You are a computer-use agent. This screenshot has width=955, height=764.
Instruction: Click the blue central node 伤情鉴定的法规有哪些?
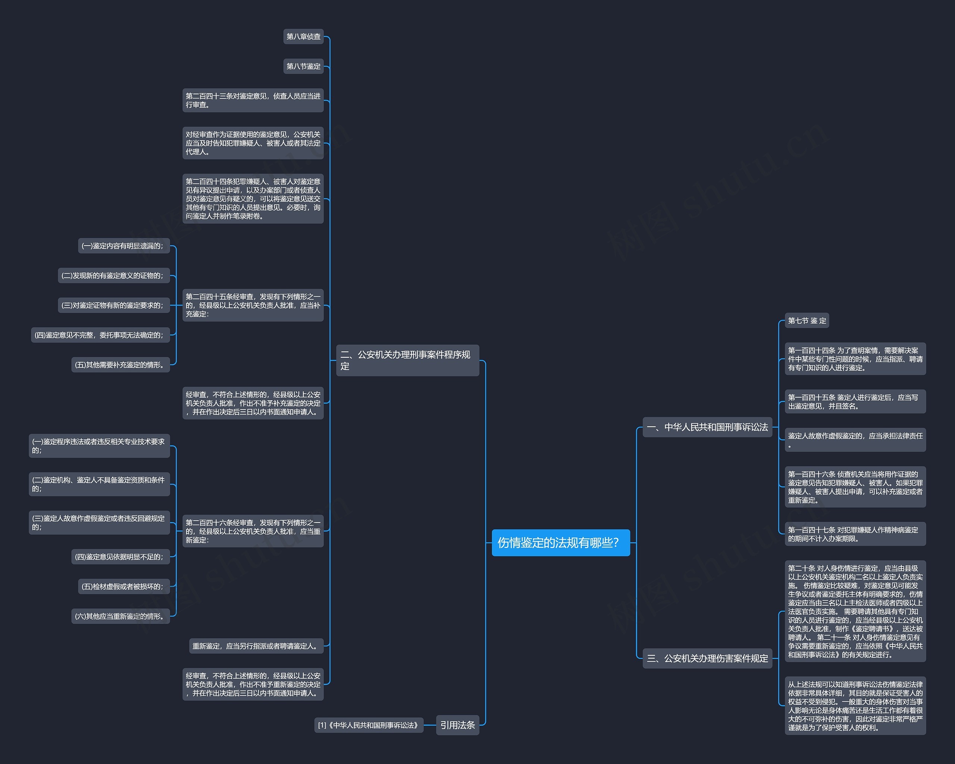coord(560,542)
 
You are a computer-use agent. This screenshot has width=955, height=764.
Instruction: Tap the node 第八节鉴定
coord(303,66)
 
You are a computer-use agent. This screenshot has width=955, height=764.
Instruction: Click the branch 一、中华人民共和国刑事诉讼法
coord(707,427)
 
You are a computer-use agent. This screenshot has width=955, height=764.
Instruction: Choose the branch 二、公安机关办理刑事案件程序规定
coord(407,360)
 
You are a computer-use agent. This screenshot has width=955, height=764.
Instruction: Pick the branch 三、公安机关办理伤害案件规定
coord(707,658)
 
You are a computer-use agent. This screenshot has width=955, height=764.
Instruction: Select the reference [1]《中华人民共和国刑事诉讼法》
coord(369,725)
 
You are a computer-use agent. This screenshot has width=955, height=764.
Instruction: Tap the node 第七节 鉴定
coord(807,321)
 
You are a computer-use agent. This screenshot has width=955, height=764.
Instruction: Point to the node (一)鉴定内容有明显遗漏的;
coord(123,246)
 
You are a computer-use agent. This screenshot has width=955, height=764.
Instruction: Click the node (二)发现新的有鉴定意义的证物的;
coord(113,275)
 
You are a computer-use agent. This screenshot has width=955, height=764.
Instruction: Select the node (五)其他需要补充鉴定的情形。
coord(120,365)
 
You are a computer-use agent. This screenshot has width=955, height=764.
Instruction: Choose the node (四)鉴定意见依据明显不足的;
coord(120,557)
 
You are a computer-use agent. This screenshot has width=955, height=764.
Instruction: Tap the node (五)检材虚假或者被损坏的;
coord(123,587)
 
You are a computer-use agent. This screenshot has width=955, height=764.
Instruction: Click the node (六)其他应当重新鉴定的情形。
coord(120,616)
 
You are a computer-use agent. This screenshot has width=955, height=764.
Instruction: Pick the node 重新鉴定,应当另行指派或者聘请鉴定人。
coord(256,646)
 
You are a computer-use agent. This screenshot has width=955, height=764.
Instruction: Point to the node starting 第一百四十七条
coord(855,534)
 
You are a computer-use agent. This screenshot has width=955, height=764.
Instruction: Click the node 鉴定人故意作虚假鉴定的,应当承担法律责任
coord(855,439)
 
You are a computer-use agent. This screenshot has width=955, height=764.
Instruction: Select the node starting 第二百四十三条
coord(253,100)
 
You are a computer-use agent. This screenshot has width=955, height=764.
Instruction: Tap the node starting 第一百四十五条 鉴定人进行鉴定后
coord(855,401)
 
